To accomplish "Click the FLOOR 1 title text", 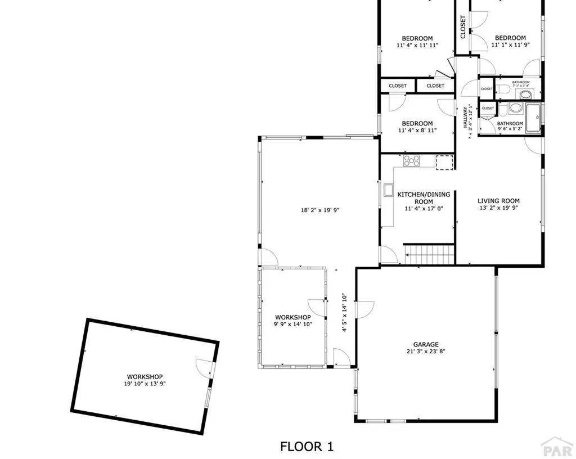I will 307,447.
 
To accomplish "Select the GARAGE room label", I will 425,345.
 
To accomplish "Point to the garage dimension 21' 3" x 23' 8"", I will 425,352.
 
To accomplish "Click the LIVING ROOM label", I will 498,201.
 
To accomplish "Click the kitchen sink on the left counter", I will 388,190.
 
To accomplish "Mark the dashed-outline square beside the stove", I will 444,161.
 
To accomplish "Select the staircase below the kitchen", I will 429,254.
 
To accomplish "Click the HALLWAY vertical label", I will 465,116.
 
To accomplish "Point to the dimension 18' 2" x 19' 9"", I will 320,210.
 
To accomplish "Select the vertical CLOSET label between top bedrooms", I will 463,26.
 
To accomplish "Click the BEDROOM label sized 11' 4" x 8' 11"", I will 417,124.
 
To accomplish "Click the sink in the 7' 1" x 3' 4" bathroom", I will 525,93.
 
